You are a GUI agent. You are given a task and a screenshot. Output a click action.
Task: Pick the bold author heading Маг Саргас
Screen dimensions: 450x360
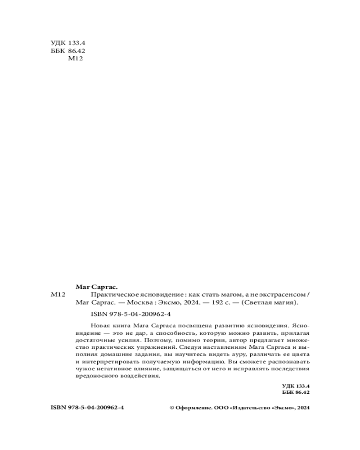coord(96,287)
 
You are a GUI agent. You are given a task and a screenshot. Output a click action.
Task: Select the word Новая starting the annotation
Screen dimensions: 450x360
coord(99,325)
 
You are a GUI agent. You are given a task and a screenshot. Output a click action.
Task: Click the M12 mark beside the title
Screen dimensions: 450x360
coord(59,295)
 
